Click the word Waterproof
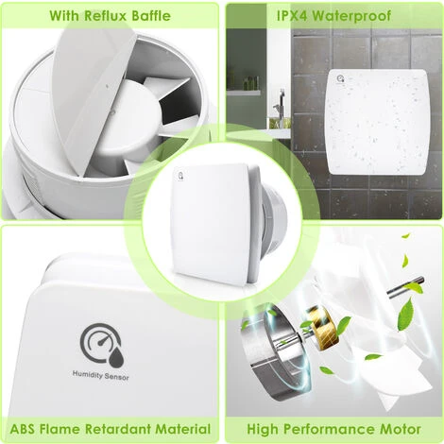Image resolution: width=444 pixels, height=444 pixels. click(346, 15)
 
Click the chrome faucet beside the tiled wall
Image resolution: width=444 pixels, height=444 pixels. click(275, 115)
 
